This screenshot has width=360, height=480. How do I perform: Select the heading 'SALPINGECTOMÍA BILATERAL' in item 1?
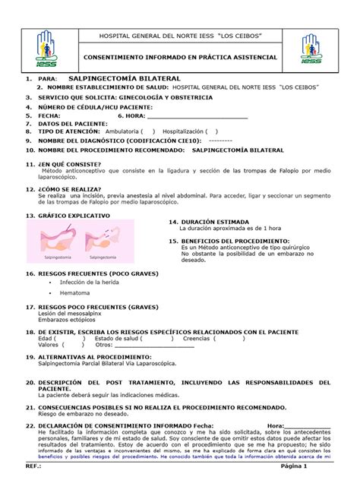125,78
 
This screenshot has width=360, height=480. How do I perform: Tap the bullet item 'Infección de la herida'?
90,282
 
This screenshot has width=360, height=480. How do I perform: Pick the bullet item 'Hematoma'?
74,292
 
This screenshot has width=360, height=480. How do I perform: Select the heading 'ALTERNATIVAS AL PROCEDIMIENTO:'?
95,356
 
